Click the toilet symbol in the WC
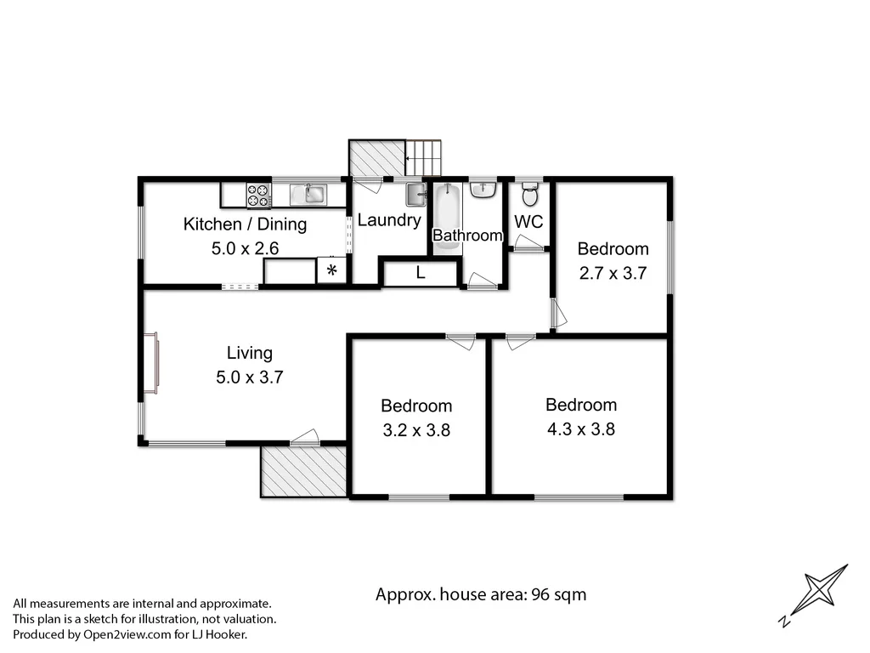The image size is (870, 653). (529, 196)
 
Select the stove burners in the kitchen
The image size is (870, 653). (258, 196)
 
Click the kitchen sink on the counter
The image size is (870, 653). (314, 195)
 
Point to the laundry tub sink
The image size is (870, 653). (415, 195)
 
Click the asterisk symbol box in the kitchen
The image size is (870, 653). (332, 271)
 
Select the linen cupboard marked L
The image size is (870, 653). (420, 273)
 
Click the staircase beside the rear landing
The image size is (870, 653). (425, 157)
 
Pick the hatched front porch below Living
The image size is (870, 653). (303, 471)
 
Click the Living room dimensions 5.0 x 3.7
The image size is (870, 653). (249, 378)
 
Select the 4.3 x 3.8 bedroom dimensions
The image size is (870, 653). (581, 429)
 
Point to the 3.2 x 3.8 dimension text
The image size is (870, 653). (416, 430)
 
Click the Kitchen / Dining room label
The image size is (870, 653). (245, 224)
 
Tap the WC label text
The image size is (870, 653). (528, 222)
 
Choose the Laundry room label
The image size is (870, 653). (389, 220)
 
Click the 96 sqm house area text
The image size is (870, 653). (481, 594)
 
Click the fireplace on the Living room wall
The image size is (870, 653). (150, 363)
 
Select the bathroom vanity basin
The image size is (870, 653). (483, 189)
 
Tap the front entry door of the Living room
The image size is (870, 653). (303, 437)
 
